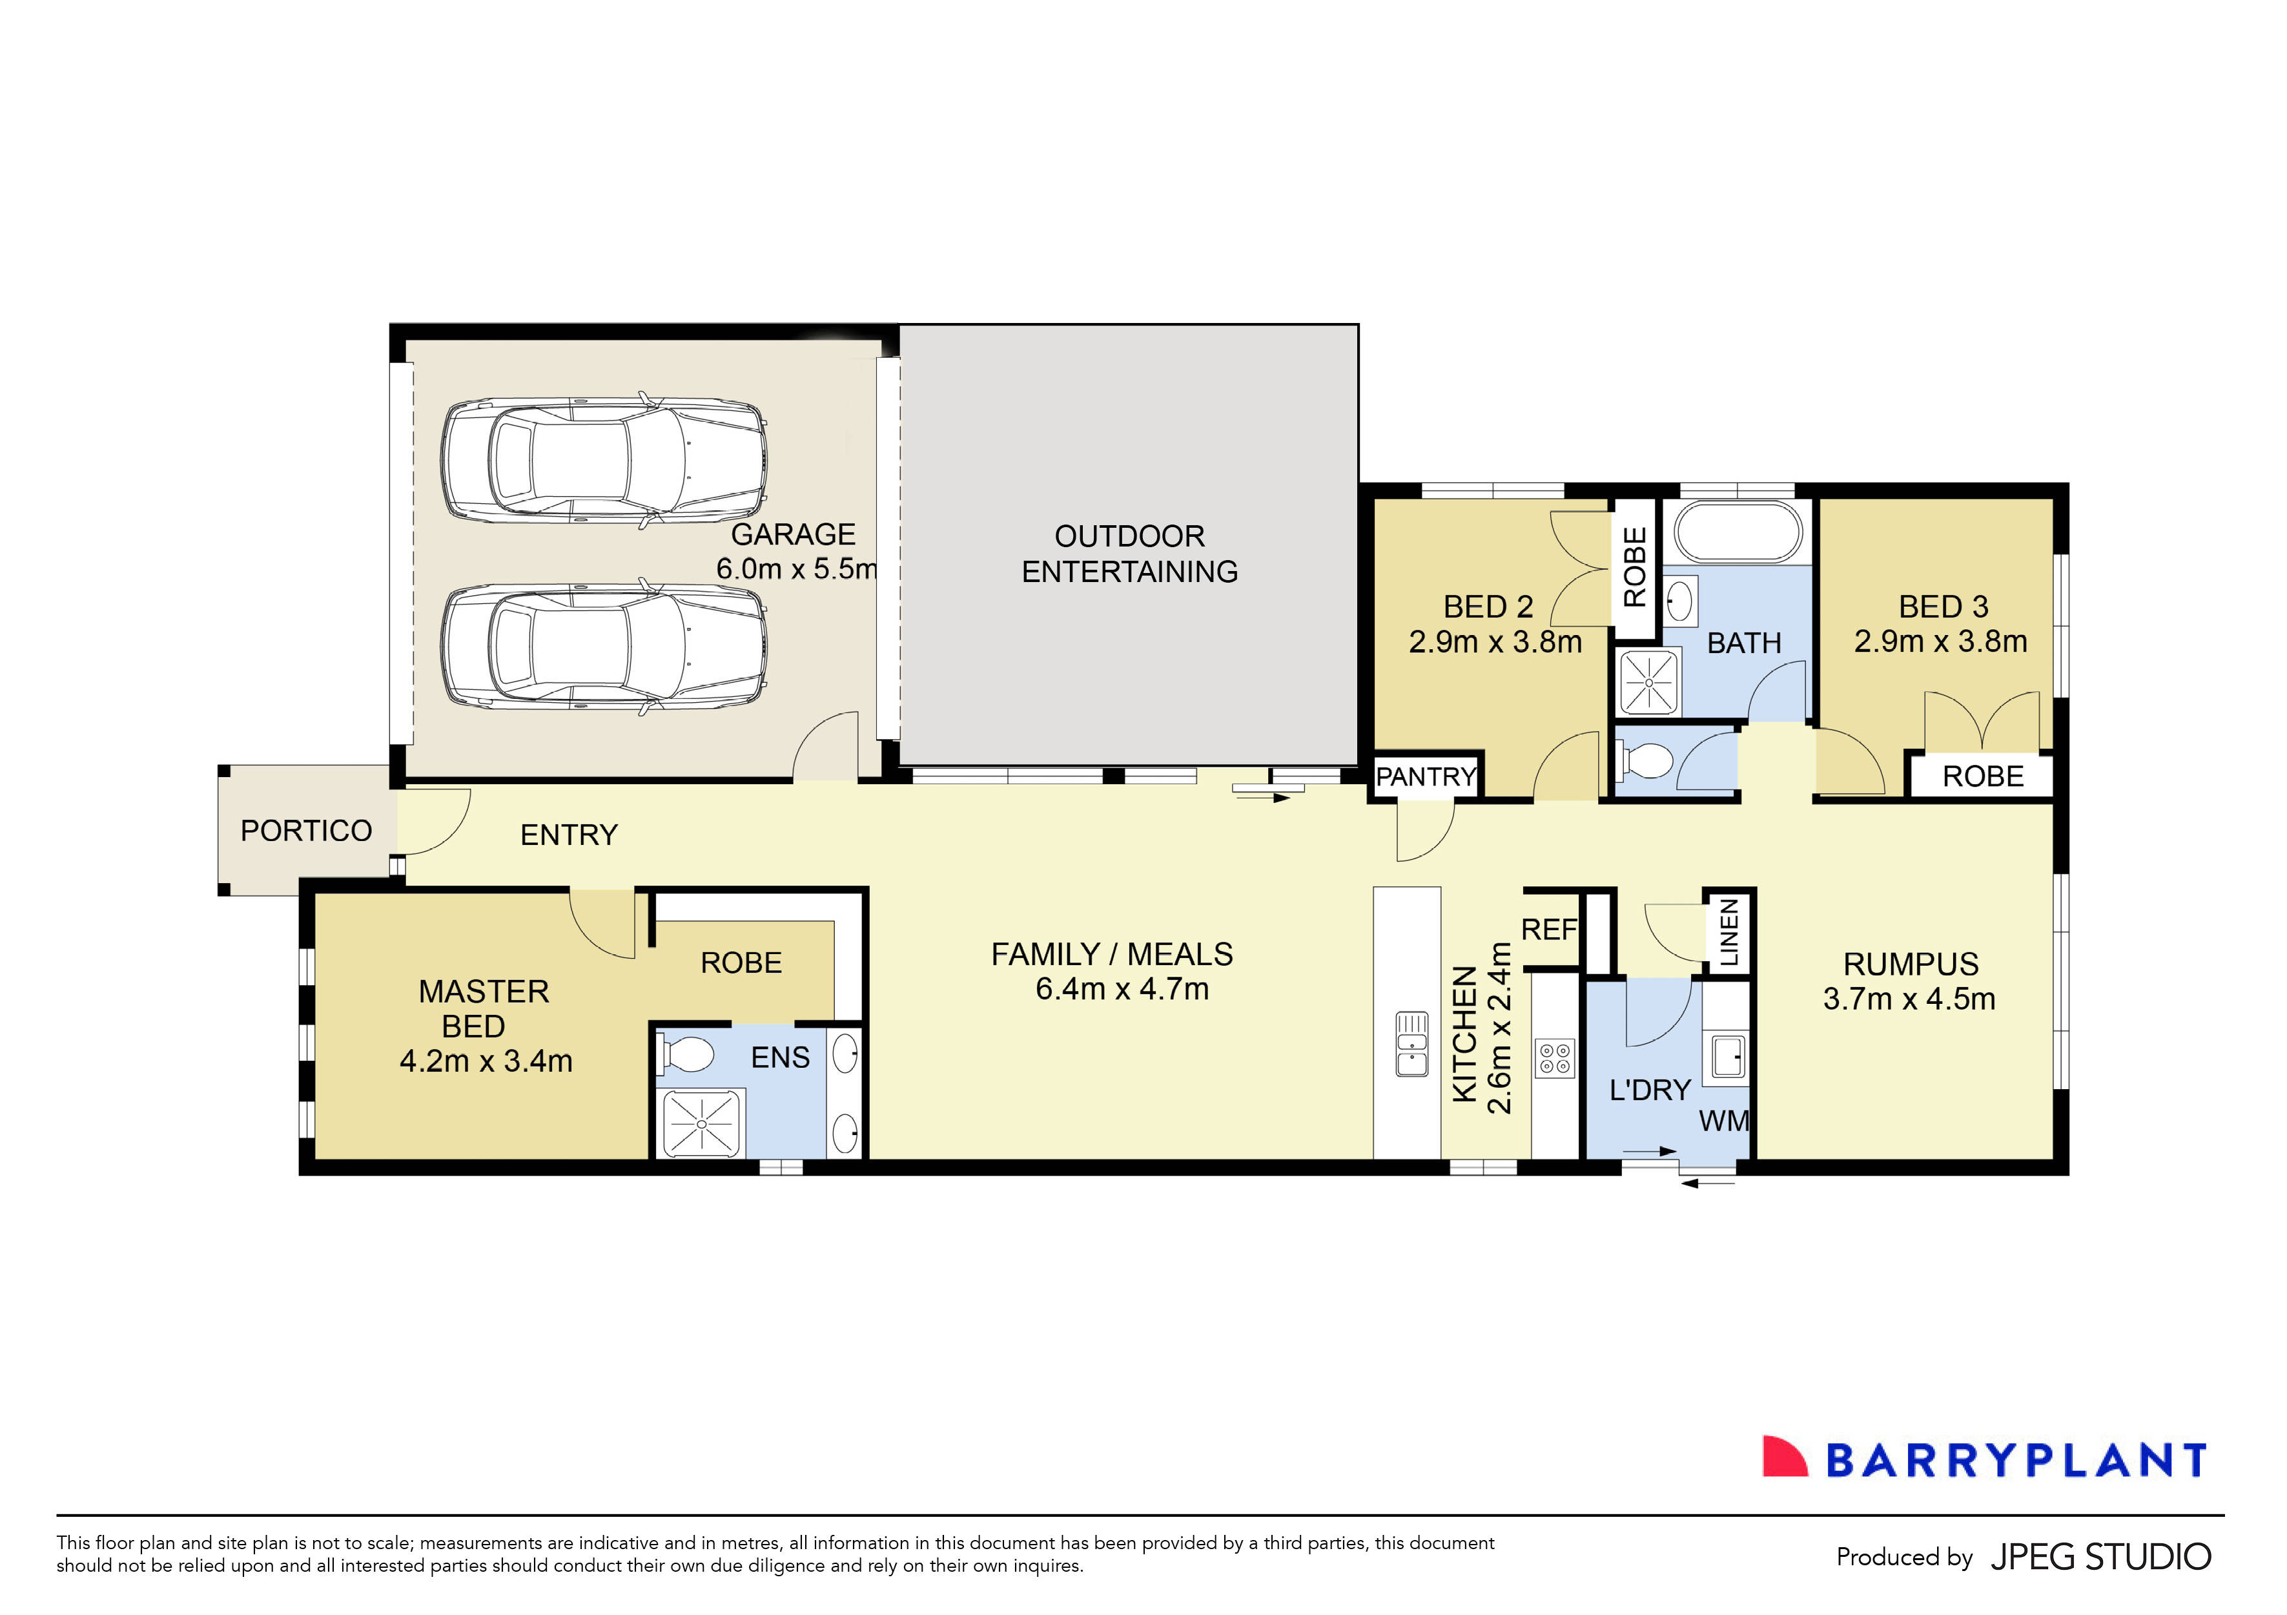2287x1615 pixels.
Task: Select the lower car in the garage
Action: click(604, 647)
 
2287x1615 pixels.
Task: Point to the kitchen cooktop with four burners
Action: click(1554, 1058)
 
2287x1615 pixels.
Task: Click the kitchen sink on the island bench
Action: click(1411, 1044)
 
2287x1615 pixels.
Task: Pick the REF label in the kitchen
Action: click(1549, 930)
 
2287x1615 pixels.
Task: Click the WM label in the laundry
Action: click(1724, 1121)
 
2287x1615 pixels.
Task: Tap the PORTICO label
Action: click(306, 830)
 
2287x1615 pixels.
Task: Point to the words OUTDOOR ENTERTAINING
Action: click(1129, 554)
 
